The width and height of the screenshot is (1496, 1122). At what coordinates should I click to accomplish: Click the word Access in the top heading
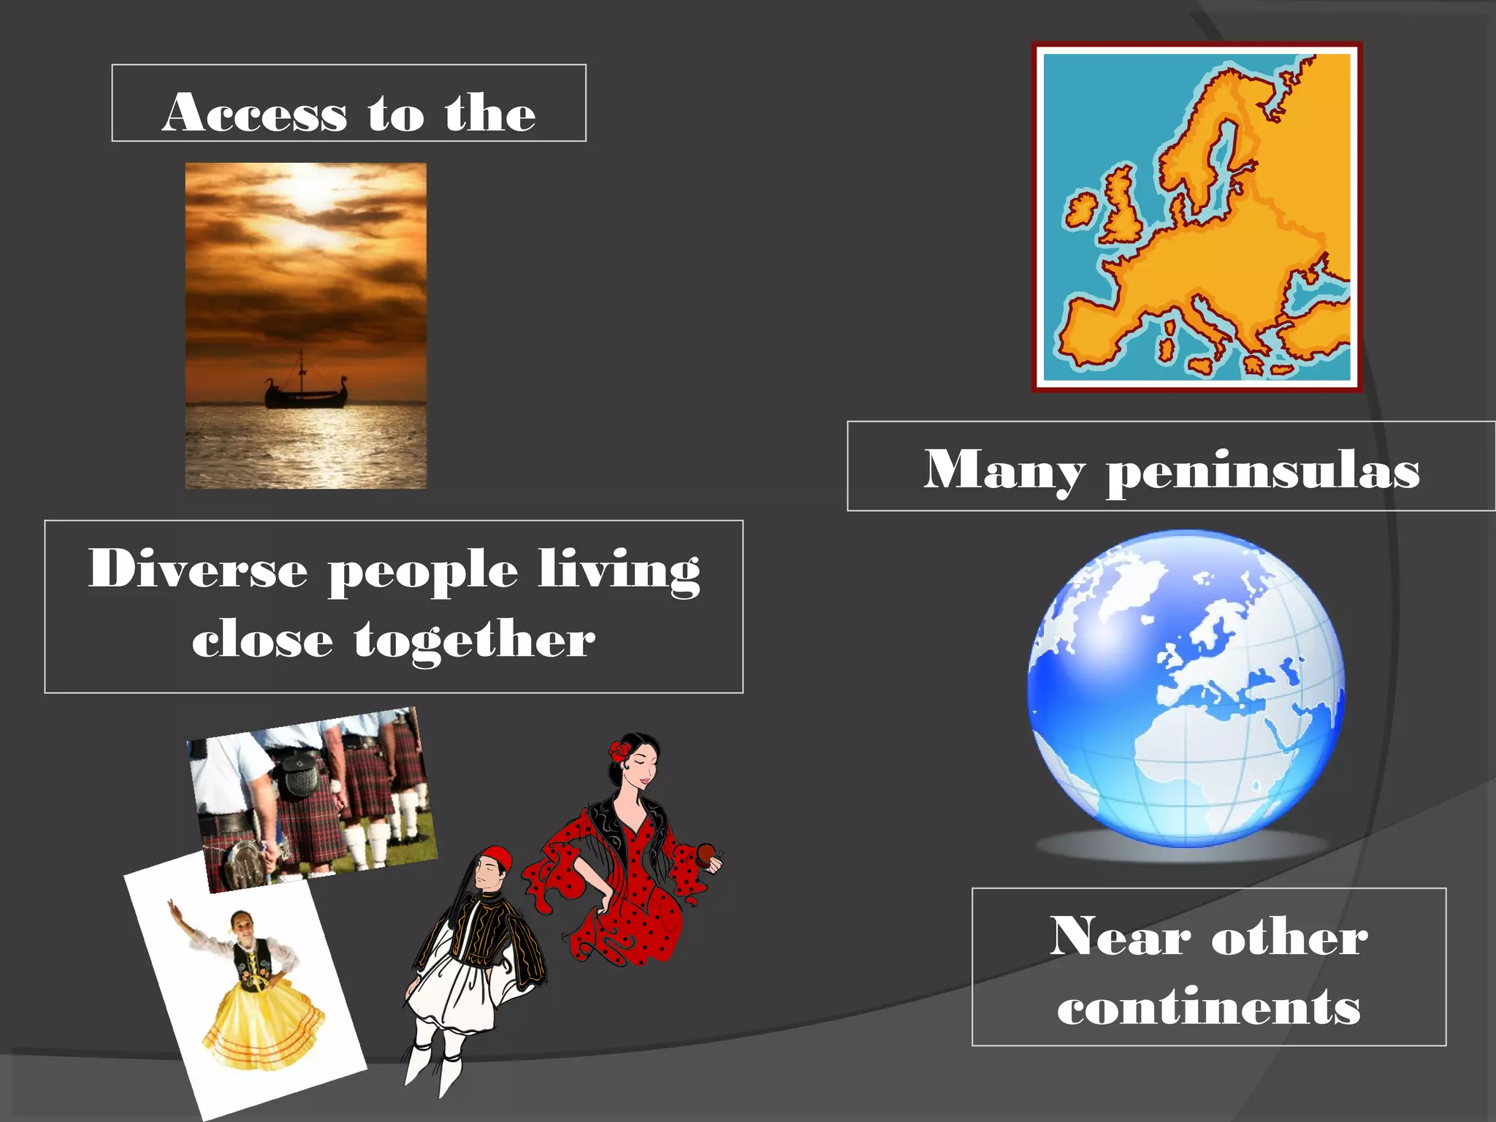click(x=254, y=113)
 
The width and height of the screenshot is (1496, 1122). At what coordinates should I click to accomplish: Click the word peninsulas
click(x=1263, y=471)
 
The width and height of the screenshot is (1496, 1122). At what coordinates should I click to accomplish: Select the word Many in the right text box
click(x=1004, y=470)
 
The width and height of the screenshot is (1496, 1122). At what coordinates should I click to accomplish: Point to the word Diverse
click(x=198, y=568)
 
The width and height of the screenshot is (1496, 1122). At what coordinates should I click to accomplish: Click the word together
click(x=475, y=639)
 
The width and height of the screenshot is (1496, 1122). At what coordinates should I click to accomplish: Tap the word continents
click(x=1209, y=1007)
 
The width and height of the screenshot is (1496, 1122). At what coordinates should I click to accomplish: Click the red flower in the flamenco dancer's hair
click(x=620, y=750)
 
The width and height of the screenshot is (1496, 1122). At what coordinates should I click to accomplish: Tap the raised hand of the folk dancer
click(x=173, y=908)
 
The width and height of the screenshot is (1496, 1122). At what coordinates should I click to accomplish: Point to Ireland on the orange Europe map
click(x=1080, y=210)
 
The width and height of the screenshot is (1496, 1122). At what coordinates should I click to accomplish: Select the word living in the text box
click(x=619, y=570)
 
